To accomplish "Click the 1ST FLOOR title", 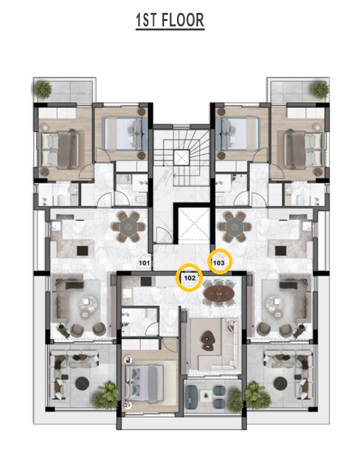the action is pyautogui.click(x=170, y=20).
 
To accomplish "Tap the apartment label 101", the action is pyautogui.click(x=144, y=263).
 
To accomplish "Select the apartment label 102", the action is pyautogui.click(x=190, y=278).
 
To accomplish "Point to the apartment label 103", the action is pyautogui.click(x=219, y=263).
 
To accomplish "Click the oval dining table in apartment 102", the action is pyautogui.click(x=219, y=293).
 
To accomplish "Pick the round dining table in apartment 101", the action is pyautogui.click(x=129, y=227).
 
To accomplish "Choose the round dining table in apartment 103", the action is pyautogui.click(x=235, y=227).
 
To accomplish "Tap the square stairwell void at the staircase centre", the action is pyautogui.click(x=182, y=157).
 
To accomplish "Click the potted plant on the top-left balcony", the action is pyautogui.click(x=44, y=90).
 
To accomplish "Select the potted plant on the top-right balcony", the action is pyautogui.click(x=320, y=90).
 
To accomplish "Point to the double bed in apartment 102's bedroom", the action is pyautogui.click(x=144, y=383).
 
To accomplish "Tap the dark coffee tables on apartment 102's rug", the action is pyautogui.click(x=207, y=341).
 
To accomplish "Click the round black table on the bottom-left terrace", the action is pyautogui.click(x=83, y=383).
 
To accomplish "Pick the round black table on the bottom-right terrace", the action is pyautogui.click(x=281, y=383).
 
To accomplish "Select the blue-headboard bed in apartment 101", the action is pyautogui.click(x=125, y=133).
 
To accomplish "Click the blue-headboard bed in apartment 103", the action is pyautogui.click(x=237, y=133).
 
